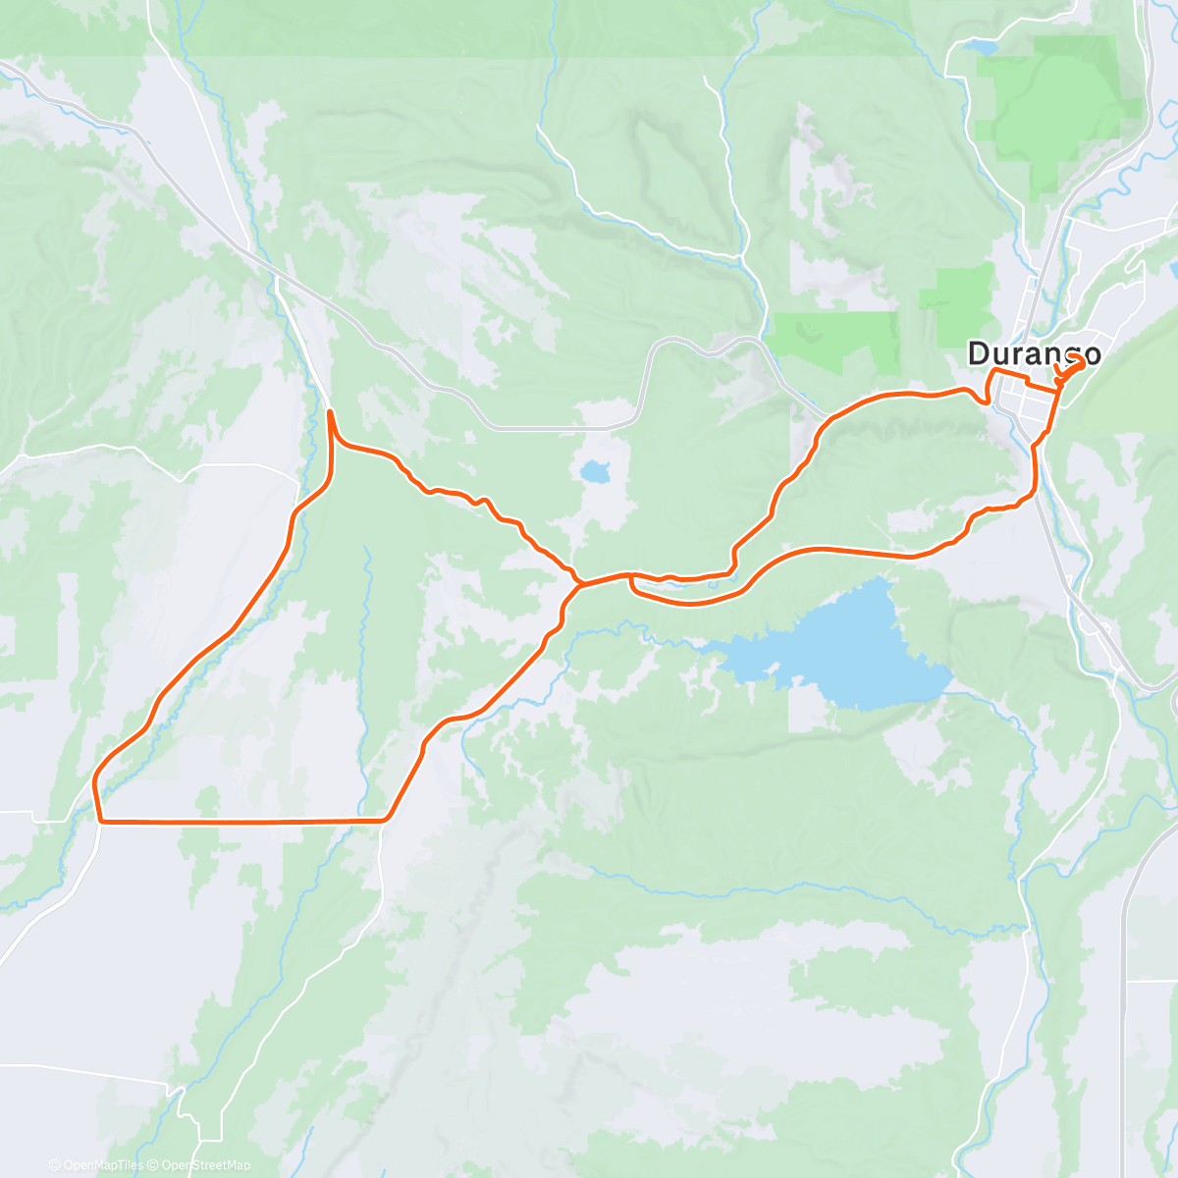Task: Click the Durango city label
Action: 1034,353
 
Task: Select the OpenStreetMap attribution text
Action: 205,1165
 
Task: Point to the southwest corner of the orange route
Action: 99,817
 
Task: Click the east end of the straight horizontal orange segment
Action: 386,818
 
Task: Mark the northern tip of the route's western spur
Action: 329,411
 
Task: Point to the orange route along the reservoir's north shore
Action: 834,549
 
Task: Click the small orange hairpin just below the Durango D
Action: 984,398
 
